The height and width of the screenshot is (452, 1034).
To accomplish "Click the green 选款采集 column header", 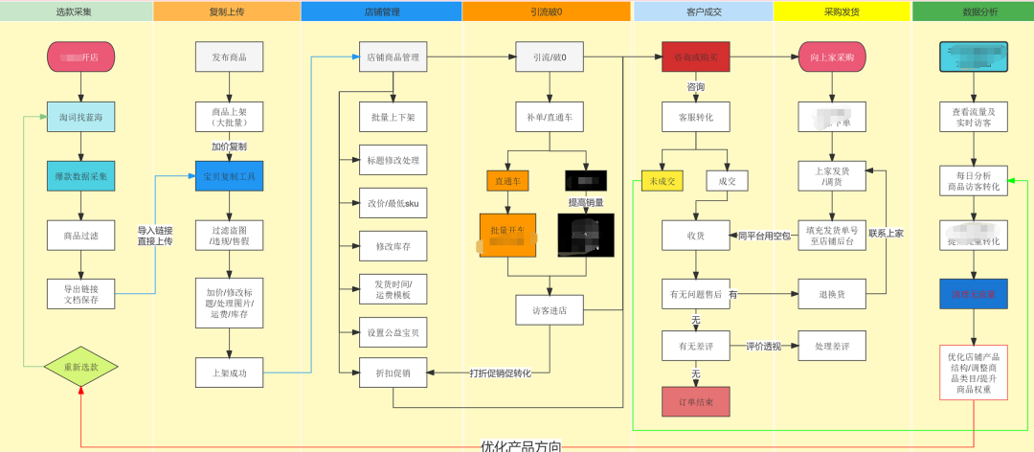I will (x=77, y=11).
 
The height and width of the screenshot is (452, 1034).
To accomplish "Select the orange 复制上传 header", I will (x=227, y=11).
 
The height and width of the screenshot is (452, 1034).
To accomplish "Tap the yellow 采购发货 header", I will (x=842, y=11).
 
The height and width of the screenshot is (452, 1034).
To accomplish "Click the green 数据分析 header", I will (x=973, y=11).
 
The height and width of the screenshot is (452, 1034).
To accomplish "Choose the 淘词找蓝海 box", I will (x=80, y=117).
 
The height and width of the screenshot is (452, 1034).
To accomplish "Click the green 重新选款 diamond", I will (x=80, y=366).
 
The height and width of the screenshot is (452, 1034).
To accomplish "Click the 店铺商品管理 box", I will (x=393, y=57).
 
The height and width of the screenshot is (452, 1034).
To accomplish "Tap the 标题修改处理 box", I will (x=393, y=159).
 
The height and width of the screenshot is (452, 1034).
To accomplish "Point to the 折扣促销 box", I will (x=393, y=373).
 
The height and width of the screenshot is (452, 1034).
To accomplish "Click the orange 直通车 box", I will (x=507, y=179).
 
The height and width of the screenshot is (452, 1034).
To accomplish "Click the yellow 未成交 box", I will (x=661, y=180).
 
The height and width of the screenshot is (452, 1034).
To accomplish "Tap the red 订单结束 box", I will (x=696, y=401).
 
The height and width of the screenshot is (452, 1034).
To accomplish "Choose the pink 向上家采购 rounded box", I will (x=832, y=57).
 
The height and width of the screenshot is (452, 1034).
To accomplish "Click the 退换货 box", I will (x=832, y=293).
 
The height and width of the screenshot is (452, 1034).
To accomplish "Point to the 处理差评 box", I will (x=832, y=345).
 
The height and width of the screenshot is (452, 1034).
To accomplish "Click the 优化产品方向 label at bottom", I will (x=521, y=445).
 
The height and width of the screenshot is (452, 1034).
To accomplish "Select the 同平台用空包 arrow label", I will (x=764, y=235).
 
